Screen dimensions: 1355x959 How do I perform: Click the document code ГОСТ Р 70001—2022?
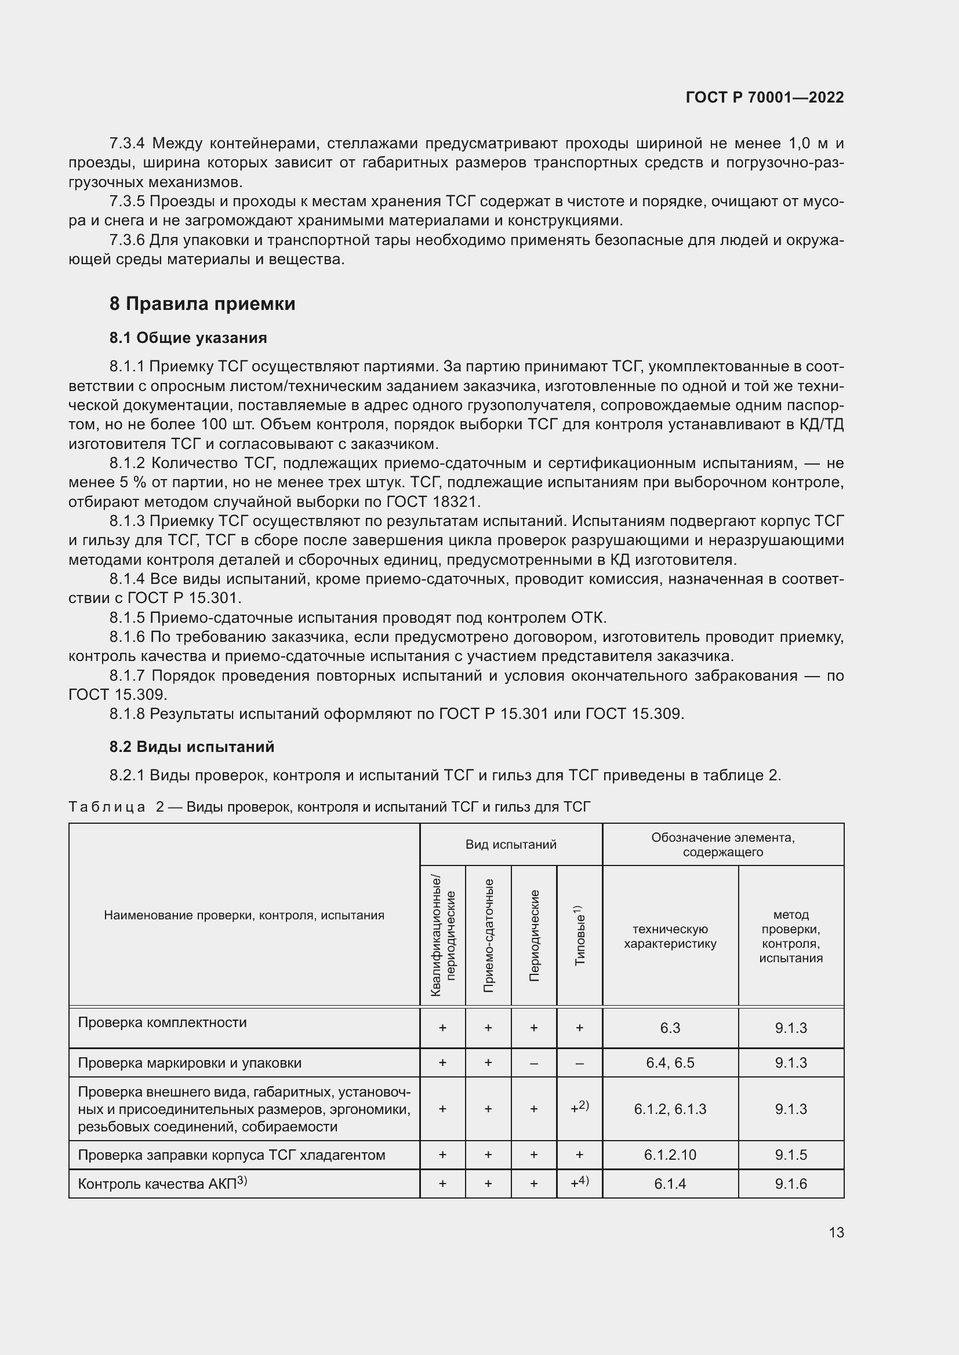(765, 97)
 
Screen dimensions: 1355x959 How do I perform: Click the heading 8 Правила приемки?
(202, 304)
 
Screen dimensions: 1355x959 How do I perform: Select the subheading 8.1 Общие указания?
(188, 338)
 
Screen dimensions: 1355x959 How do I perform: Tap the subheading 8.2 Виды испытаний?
(191, 747)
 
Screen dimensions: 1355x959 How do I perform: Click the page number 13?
(836, 1232)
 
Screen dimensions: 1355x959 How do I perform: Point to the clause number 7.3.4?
(127, 144)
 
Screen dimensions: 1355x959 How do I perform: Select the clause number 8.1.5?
(127, 618)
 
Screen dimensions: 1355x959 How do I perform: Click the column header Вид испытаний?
(511, 845)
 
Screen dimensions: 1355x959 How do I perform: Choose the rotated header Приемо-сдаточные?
(488, 936)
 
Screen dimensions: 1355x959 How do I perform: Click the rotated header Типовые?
(579, 936)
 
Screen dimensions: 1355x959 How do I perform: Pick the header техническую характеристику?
(670, 937)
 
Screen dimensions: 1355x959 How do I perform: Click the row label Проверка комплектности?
(162, 1022)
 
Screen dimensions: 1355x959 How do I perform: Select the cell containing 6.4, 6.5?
(670, 1063)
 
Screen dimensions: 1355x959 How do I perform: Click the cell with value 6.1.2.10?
(670, 1155)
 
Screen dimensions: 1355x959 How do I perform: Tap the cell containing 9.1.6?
(791, 1185)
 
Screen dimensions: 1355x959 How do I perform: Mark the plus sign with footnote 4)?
(579, 1184)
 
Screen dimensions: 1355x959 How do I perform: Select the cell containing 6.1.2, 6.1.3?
(670, 1109)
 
